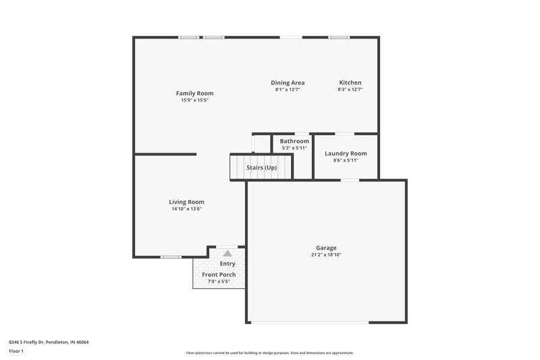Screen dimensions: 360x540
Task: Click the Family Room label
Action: click(194, 93)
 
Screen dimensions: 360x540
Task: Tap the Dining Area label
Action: click(288, 82)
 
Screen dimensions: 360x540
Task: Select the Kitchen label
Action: click(350, 82)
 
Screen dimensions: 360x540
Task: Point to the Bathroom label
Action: click(294, 141)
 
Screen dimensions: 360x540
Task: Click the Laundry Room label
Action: click(346, 153)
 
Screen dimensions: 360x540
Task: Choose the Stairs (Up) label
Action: click(261, 168)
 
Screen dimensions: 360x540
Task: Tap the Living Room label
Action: click(186, 202)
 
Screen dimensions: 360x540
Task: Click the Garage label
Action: click(326, 248)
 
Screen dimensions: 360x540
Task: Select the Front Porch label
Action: click(219, 275)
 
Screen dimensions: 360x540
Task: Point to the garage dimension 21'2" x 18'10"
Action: click(326, 255)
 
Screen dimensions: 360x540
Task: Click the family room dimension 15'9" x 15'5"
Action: click(194, 100)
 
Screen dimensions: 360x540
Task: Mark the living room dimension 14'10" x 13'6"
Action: click(186, 209)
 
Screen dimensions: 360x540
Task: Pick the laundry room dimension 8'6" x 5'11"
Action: click(346, 160)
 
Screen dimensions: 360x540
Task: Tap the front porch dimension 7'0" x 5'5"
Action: click(219, 282)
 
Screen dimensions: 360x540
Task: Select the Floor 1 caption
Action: click(16, 351)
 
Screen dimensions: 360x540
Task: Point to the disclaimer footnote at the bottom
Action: click(270, 353)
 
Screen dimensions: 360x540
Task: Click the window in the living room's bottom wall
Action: click(171, 257)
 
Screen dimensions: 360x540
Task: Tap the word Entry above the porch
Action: click(227, 263)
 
